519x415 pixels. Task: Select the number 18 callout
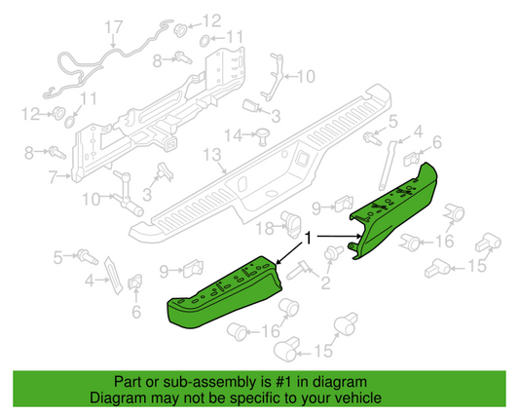point(265,228)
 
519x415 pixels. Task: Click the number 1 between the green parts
point(310,238)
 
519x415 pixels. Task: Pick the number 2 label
point(326,283)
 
